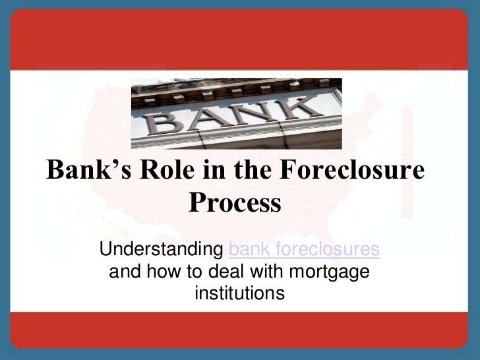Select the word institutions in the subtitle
coord(239,291)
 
